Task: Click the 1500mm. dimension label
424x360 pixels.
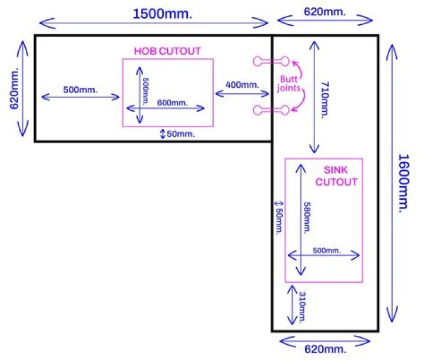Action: click(154, 13)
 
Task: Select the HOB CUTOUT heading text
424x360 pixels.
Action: click(167, 51)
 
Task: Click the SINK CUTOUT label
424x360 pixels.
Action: click(336, 176)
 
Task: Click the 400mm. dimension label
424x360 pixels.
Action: click(242, 84)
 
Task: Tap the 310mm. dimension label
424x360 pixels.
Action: click(303, 306)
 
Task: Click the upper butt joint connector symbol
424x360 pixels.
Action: click(271, 61)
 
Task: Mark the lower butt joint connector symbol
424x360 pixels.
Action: click(271, 109)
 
